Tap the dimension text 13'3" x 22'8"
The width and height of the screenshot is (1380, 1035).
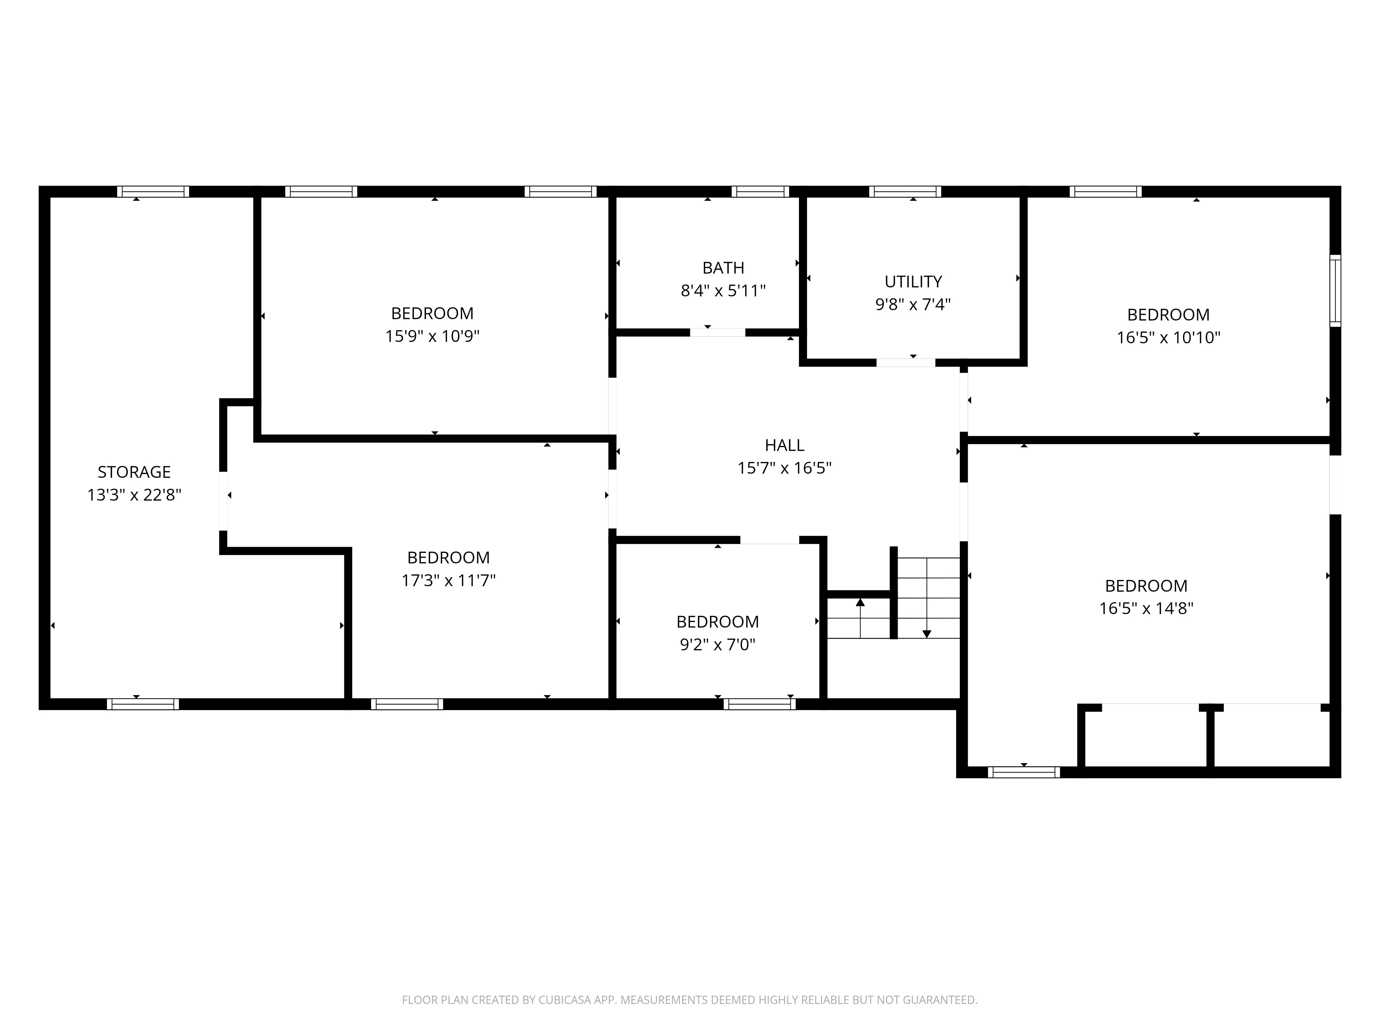[134, 495]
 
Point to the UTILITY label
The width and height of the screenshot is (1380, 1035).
[913, 282]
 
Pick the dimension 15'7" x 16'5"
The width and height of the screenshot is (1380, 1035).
[784, 468]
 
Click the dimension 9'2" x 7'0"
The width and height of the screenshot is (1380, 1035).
[718, 644]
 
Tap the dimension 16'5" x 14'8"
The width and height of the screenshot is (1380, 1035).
[1146, 608]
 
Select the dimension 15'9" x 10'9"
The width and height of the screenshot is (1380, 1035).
[432, 336]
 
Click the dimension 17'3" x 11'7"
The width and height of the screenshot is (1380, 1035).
[448, 580]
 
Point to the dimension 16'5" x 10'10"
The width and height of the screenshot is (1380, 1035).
[1168, 337]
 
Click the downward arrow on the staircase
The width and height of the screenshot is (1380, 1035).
[926, 633]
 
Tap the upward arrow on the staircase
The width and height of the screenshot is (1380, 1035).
[860, 603]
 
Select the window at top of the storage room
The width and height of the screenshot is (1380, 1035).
[153, 191]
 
